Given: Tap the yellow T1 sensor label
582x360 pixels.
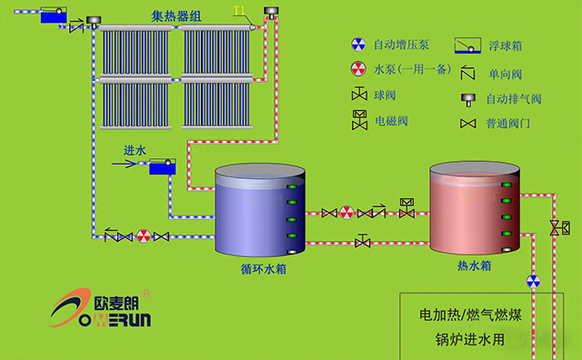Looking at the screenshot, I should pyautogui.click(x=239, y=11).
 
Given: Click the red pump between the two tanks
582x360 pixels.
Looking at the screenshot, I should pyautogui.click(x=346, y=213).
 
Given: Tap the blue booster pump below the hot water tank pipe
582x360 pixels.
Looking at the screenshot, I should pyautogui.click(x=534, y=282).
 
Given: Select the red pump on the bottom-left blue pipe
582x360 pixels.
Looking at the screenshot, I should pyautogui.click(x=143, y=236).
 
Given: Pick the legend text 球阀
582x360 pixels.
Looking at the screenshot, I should pyautogui.click(x=386, y=95).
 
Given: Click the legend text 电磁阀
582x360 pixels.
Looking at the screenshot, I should pyautogui.click(x=392, y=119).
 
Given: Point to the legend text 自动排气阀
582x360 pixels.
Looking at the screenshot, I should pyautogui.click(x=514, y=99).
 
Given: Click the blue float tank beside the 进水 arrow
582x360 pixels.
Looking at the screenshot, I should pyautogui.click(x=163, y=166).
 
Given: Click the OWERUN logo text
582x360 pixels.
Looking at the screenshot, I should pyautogui.click(x=109, y=319).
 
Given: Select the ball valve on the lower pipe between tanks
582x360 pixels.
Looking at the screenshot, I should pyautogui.click(x=363, y=241).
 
